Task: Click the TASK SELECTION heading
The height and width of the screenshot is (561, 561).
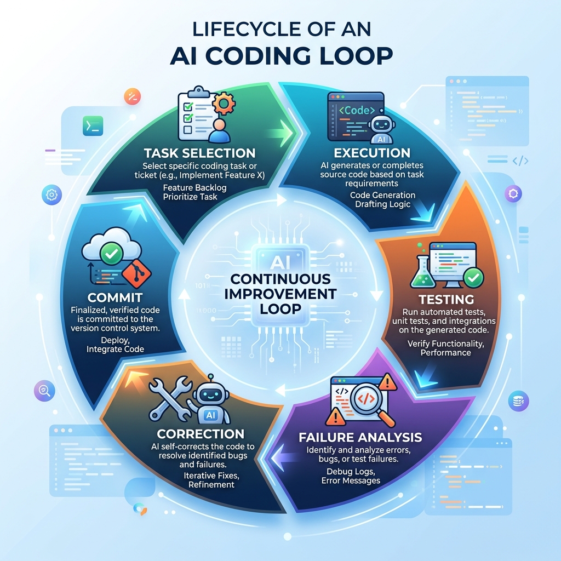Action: point(199,153)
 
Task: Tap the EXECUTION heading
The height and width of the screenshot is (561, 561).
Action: point(372,153)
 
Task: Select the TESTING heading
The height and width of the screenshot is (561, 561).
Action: point(446,299)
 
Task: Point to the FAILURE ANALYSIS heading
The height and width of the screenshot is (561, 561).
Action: point(360,437)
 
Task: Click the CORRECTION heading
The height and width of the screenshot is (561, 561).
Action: point(201,434)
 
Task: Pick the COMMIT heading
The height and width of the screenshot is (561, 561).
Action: point(115,297)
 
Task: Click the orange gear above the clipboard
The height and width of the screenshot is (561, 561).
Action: point(224,104)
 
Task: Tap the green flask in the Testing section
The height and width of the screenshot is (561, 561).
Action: point(423,269)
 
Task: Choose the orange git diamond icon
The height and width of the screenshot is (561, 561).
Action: point(136,274)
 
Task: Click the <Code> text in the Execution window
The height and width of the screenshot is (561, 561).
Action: point(357,111)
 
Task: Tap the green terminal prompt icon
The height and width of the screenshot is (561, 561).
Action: point(93,126)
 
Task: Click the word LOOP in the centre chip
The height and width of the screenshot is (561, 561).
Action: point(280,309)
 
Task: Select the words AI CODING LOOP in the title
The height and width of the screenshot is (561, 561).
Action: point(281,56)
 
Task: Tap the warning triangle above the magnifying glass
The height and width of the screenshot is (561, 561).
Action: point(387,382)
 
